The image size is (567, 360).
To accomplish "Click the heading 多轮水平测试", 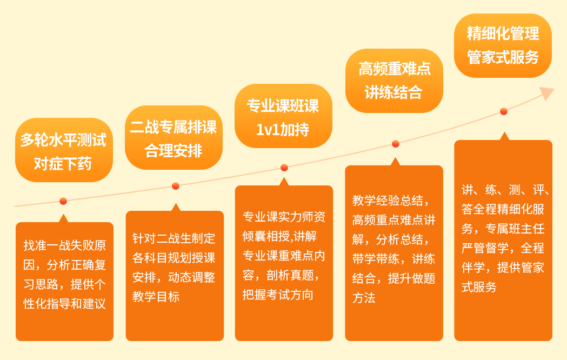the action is coord(64,140).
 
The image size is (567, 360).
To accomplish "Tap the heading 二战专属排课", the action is coord(174,128).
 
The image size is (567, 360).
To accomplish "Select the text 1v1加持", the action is coord(283,130).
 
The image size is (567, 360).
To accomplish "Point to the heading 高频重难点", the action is coord(395,69).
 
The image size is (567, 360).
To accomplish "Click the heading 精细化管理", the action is coord(503,34).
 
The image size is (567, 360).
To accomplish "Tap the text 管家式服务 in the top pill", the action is coord(503,57).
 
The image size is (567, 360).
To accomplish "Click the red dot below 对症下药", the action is coord(63,201).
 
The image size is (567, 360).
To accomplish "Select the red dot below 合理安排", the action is coord(176,186).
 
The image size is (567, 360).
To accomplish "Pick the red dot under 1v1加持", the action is coord(284,168).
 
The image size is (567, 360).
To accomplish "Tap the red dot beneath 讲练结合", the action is coord(396,144).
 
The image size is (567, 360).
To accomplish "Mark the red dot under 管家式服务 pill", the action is coord(504,111).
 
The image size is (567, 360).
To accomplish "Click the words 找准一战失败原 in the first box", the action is coord(65,245).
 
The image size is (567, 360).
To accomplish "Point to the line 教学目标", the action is coord(156,297).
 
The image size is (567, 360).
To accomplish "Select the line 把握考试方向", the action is coord(278,295).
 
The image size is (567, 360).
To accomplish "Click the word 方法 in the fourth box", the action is coord(364,298).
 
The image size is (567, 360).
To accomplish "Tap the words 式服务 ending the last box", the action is coord(479,287).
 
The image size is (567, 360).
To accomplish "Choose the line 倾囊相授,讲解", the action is coord(279,236).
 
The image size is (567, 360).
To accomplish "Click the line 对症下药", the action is coord(63,164).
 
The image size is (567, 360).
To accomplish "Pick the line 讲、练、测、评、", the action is coord(505,190).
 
